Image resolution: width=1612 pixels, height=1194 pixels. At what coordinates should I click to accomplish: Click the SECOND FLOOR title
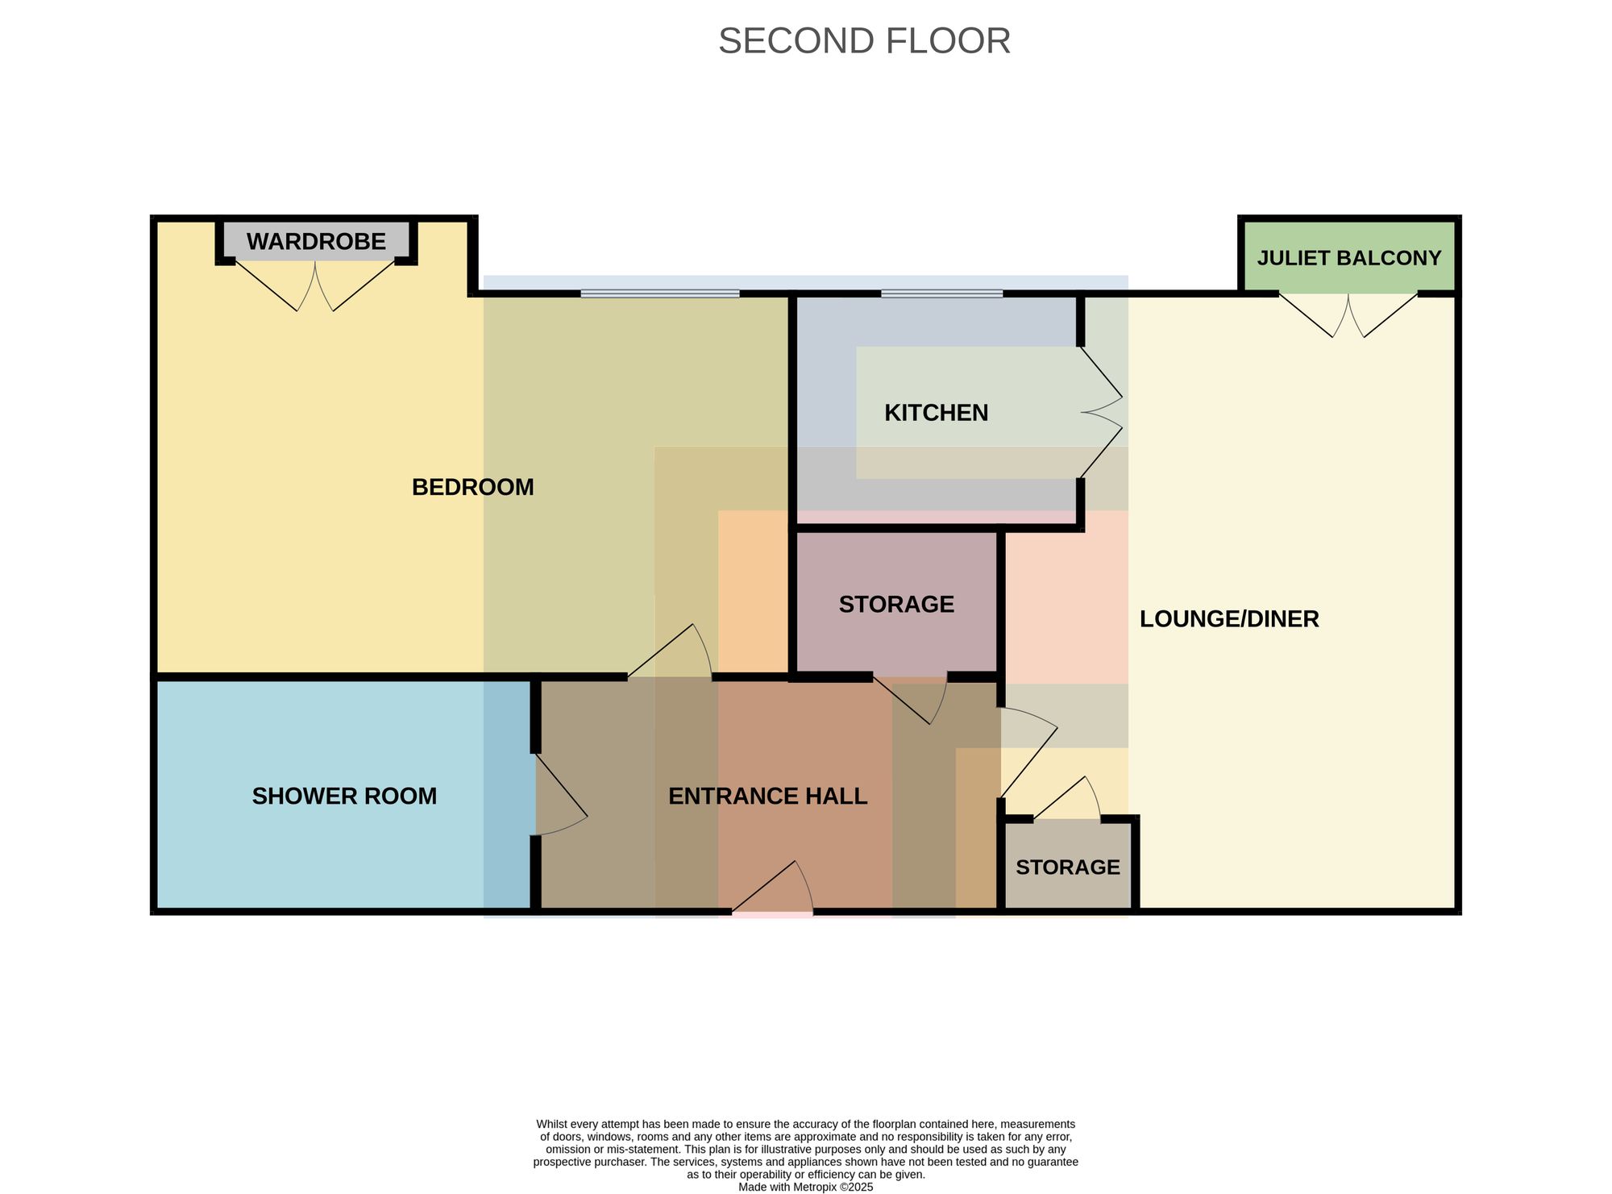(x=864, y=41)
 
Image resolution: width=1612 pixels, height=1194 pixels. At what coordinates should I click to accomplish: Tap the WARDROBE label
(x=316, y=241)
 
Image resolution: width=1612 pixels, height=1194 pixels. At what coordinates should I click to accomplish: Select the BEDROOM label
(x=473, y=487)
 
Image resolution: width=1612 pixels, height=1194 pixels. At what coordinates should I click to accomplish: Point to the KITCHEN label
(x=936, y=413)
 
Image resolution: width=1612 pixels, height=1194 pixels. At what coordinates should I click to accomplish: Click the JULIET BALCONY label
(x=1349, y=258)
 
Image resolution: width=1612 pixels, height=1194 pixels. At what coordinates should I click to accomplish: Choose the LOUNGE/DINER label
(x=1229, y=619)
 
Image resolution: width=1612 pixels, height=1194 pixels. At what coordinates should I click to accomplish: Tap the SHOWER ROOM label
(x=344, y=797)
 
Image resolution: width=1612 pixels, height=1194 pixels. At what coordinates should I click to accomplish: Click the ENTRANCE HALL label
(x=768, y=797)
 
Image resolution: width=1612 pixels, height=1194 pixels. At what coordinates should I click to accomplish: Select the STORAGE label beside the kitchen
(x=896, y=605)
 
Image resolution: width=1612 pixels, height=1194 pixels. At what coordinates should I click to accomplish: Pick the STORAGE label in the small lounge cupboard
(x=1068, y=867)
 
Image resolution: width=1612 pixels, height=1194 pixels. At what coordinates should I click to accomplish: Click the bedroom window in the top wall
(x=660, y=293)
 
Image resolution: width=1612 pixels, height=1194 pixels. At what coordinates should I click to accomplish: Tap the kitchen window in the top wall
(x=941, y=293)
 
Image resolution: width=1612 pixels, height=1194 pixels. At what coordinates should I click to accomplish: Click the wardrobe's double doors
(x=315, y=284)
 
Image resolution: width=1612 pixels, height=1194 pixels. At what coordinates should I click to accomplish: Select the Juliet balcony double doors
(x=1348, y=314)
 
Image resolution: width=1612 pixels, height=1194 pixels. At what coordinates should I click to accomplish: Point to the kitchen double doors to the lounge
(x=1101, y=412)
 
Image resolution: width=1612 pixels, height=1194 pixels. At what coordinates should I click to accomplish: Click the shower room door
(x=561, y=794)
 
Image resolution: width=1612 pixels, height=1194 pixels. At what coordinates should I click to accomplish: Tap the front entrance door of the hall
(x=772, y=888)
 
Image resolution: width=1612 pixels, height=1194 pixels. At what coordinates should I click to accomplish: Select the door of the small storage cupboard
(x=1068, y=798)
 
